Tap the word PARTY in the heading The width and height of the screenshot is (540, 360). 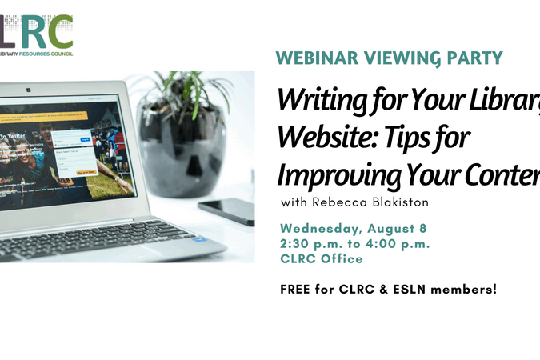click(x=476, y=58)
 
